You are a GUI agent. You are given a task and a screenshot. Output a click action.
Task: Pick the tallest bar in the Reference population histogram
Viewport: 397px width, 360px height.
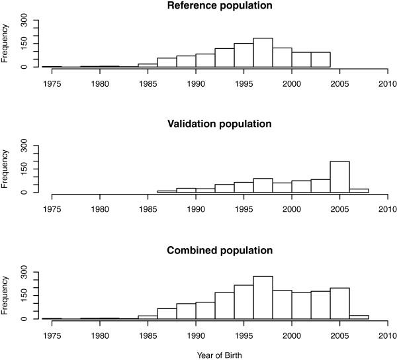pyautogui.click(x=263, y=53)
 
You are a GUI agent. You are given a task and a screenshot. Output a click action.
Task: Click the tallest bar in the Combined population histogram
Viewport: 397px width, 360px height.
pyautogui.click(x=263, y=298)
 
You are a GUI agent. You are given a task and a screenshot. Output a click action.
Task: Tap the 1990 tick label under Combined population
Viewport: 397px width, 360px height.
pyautogui.click(x=196, y=336)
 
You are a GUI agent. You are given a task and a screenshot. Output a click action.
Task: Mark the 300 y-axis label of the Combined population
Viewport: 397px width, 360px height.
pyautogui.click(x=24, y=271)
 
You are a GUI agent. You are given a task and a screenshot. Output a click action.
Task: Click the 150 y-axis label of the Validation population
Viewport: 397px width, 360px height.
pyautogui.click(x=24, y=169)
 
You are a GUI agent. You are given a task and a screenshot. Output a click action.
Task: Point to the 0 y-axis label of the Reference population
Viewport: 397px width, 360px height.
pyautogui.click(x=24, y=67)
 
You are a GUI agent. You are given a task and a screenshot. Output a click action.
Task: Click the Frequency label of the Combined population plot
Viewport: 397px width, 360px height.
pyautogui.click(x=6, y=295)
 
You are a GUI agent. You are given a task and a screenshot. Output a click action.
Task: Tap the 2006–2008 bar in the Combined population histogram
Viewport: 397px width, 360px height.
pyautogui.click(x=359, y=317)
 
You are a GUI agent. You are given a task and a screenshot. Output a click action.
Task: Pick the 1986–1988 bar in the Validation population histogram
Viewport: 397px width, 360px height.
pyautogui.click(x=167, y=191)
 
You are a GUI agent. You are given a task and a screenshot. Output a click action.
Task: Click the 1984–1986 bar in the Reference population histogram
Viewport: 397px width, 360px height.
pyautogui.click(x=148, y=65)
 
